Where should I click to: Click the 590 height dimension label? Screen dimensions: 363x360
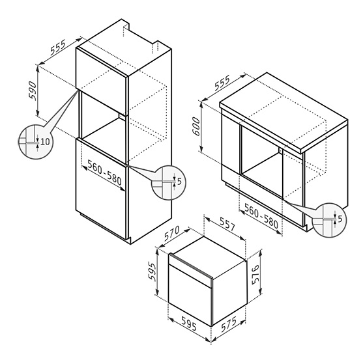(x=33, y=91)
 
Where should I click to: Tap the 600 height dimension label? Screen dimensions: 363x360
(x=196, y=126)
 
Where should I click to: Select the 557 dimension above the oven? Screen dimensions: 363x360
(x=227, y=224)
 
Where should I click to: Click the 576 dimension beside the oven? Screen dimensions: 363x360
(x=255, y=275)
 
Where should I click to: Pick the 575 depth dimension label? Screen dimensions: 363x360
(x=229, y=324)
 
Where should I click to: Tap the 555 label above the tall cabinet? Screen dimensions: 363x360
(x=58, y=48)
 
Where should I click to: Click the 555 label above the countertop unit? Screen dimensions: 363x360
(x=222, y=83)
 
